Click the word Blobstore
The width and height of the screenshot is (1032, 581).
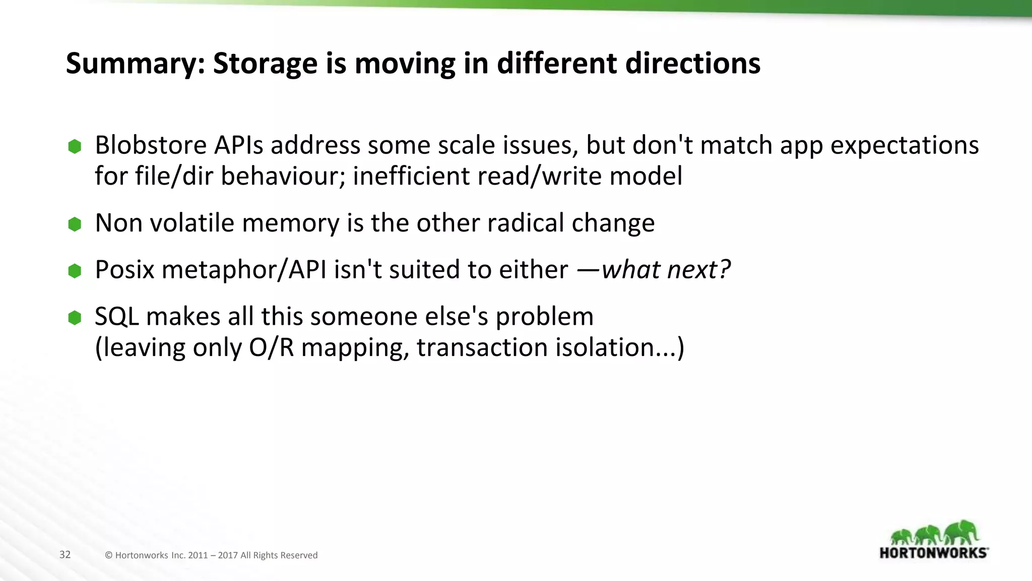tap(151, 145)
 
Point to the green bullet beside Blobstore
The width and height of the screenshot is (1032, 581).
tap(75, 147)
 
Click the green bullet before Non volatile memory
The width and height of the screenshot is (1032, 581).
tap(75, 224)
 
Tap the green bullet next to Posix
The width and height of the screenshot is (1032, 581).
tap(75, 271)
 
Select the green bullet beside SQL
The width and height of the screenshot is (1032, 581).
tap(75, 318)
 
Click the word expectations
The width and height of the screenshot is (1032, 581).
tap(905, 146)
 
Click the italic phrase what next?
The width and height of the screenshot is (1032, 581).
tap(665, 270)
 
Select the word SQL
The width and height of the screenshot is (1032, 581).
tap(116, 317)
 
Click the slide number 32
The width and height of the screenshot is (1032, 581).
tap(65, 555)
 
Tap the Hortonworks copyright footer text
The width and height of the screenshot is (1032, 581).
tap(211, 555)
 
